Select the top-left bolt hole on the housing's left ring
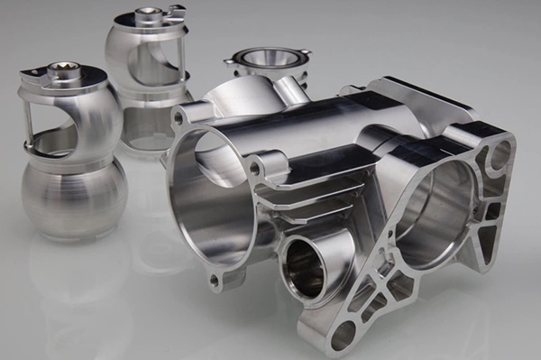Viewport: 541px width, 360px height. click(179, 118)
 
